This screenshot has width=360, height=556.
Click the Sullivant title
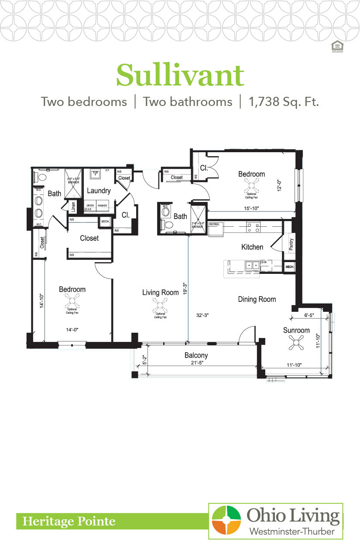coord(180,75)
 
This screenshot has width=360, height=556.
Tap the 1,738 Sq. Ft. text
coord(284,102)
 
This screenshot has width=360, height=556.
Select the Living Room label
coord(160,292)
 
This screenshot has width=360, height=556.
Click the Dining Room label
coord(257,299)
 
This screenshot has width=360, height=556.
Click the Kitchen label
coord(252,247)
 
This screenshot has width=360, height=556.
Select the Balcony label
coord(196,355)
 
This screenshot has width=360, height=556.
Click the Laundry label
coord(98,191)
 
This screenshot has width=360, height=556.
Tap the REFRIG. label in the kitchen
coord(215,224)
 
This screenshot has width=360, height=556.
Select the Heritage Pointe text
coord(69,521)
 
